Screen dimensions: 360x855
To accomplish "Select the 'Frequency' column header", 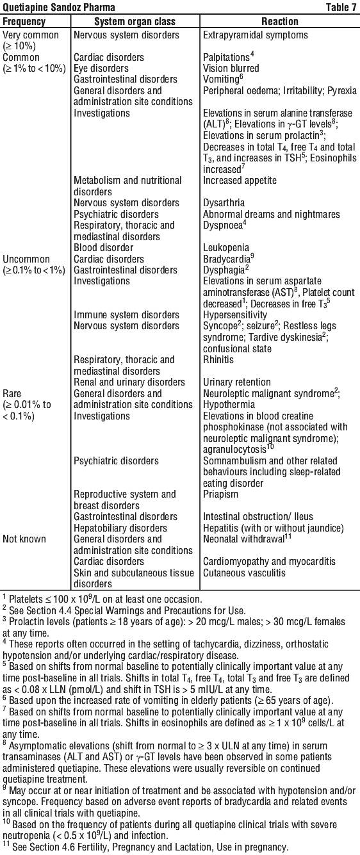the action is [24, 21].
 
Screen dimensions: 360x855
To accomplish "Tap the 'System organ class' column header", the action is [135, 21].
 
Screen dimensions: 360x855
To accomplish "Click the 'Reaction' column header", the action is [280, 21].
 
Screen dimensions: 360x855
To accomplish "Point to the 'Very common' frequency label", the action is [31, 35].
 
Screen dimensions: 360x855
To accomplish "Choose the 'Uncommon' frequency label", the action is [26, 259].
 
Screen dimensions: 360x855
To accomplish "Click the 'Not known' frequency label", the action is [24, 539].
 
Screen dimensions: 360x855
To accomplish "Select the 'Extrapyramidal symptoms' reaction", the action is [256, 35].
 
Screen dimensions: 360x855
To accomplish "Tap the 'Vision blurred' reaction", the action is [231, 69].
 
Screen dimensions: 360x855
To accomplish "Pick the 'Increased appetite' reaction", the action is [240, 181].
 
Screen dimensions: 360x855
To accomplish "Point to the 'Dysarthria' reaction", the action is [224, 203].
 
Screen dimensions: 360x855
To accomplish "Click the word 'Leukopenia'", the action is [226, 248].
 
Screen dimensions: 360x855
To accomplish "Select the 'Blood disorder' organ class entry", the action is [104, 248].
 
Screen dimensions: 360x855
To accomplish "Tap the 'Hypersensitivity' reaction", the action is [235, 315].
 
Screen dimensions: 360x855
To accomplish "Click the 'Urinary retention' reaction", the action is [237, 382].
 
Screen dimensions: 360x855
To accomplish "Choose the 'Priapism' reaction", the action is [220, 494].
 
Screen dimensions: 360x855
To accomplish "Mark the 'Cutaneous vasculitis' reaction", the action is [244, 573].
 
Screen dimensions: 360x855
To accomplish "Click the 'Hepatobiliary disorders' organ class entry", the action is [120, 528].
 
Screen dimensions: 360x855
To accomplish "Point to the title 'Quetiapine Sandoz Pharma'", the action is [59, 7].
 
